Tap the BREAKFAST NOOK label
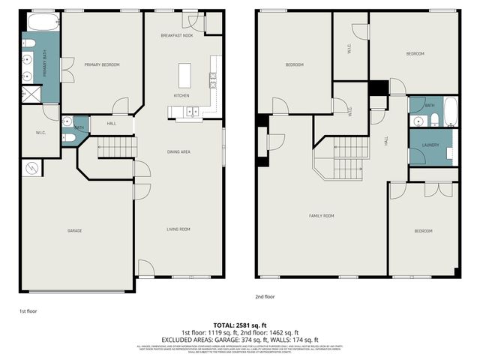point(177,36)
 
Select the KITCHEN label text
point(181,96)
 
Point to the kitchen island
point(184,76)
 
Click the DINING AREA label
point(178,152)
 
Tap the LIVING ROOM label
point(178,229)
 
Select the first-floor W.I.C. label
point(40,133)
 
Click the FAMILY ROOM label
point(321,216)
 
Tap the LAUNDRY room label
point(430,145)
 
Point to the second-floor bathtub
point(450,111)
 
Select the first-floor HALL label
point(111,124)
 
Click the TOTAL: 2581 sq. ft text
point(240,324)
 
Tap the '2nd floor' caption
point(264,296)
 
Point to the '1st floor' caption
point(28,309)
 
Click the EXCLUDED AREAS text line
point(240,339)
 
